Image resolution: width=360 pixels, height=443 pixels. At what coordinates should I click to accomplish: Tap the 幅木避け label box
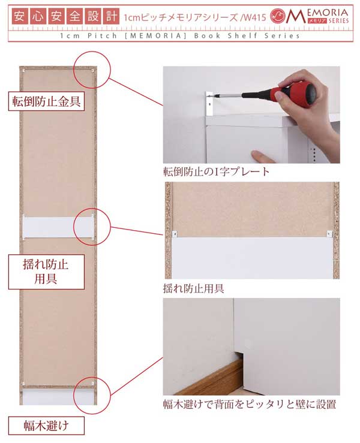pos(45,427)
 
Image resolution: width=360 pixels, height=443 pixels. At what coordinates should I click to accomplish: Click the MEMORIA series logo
pos(311,16)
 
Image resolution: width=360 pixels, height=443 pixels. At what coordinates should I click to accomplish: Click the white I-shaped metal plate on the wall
pos(209,103)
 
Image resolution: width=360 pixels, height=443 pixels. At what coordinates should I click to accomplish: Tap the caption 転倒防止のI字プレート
pos(216,171)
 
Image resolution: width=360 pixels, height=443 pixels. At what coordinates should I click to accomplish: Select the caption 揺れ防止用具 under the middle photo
pos(194,288)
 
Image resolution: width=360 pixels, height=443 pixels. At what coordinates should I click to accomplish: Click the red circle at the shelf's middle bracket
pos(93,226)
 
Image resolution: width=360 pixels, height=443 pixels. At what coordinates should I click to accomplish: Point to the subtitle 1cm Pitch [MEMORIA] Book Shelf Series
pos(180,36)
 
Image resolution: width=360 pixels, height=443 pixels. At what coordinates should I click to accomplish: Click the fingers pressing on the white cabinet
pos(264,157)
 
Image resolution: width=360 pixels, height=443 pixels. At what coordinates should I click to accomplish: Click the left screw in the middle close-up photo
pos(173,234)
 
